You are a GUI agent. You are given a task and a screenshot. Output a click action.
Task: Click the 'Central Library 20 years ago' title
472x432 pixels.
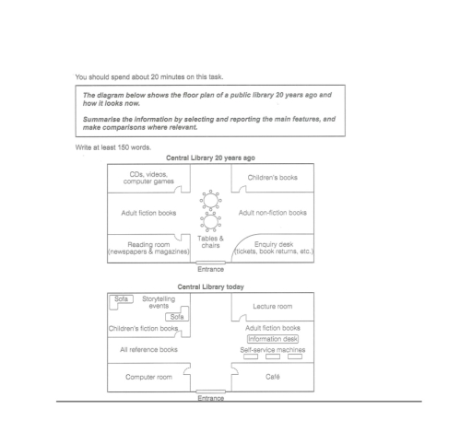pyautogui.click(x=210, y=158)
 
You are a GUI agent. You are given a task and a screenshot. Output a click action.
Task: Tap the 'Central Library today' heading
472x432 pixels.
pyautogui.click(x=210, y=286)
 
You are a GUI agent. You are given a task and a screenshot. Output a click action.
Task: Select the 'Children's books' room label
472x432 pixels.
pyautogui.click(x=273, y=178)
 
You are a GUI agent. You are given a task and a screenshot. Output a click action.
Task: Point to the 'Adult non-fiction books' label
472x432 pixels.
pyautogui.click(x=273, y=213)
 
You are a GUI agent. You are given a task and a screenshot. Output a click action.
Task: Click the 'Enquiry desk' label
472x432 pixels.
pyautogui.click(x=274, y=244)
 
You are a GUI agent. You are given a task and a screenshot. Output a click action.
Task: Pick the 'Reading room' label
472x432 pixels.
pyautogui.click(x=148, y=244)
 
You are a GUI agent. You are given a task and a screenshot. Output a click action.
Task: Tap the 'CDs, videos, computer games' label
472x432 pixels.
pyautogui.click(x=148, y=178)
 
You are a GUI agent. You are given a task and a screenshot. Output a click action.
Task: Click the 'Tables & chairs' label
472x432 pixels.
pyautogui.click(x=210, y=241)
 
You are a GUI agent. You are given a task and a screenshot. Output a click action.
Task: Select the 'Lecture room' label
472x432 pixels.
pyautogui.click(x=273, y=306)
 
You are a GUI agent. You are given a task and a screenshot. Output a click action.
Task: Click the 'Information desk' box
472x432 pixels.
pyautogui.click(x=273, y=339)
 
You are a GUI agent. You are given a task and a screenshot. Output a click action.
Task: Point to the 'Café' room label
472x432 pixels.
pyautogui.click(x=273, y=377)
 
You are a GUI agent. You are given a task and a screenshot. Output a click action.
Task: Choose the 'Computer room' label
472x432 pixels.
pyautogui.click(x=148, y=377)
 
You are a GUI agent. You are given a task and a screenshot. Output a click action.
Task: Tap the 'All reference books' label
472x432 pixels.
pyautogui.click(x=148, y=349)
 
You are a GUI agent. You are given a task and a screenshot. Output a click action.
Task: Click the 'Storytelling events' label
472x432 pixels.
pyautogui.click(x=159, y=302)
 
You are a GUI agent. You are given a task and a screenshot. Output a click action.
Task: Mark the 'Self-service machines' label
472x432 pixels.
pyautogui.click(x=273, y=350)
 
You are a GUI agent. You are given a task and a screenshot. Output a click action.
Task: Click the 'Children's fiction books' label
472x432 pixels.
pyautogui.click(x=143, y=328)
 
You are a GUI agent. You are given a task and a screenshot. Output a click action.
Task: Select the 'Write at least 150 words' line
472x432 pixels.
pyautogui.click(x=113, y=147)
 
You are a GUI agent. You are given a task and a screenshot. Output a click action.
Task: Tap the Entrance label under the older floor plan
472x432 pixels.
pyautogui.click(x=210, y=269)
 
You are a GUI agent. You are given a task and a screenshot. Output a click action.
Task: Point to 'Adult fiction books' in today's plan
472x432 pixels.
pyautogui.click(x=273, y=328)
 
